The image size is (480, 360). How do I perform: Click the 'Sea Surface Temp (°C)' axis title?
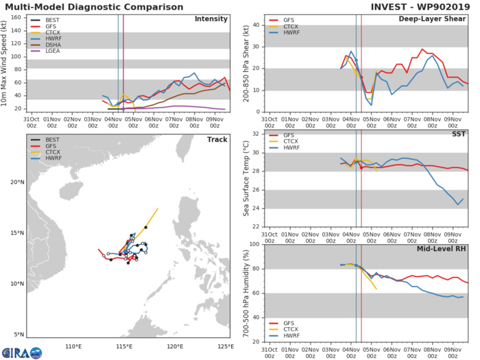pyautogui.click(x=245, y=180)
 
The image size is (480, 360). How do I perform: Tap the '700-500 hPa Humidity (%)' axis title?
pyautogui.click(x=245, y=293)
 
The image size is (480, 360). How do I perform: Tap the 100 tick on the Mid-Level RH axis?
pyautogui.click(x=254, y=243)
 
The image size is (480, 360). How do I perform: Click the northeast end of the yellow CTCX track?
pyautogui.click(x=158, y=208)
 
